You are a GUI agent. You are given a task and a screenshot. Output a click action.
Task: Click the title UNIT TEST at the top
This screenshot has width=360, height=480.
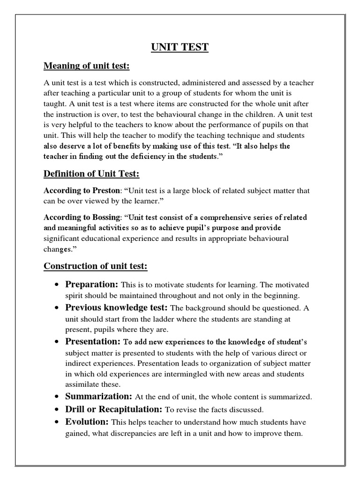180,47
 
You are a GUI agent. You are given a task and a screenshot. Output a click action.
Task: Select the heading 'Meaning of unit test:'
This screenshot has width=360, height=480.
86,66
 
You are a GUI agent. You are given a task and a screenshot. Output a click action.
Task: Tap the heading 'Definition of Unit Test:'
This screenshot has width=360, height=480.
91,174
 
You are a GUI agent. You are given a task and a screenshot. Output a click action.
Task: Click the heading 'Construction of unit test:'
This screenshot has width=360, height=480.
96,266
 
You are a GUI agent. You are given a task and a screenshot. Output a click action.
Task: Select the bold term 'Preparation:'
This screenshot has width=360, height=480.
91,285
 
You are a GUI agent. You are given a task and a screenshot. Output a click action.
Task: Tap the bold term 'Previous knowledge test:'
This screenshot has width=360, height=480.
116,307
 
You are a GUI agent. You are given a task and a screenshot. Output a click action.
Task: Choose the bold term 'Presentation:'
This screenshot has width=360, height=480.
93,340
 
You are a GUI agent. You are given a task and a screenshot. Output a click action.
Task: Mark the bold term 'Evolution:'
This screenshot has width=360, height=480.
87,421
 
